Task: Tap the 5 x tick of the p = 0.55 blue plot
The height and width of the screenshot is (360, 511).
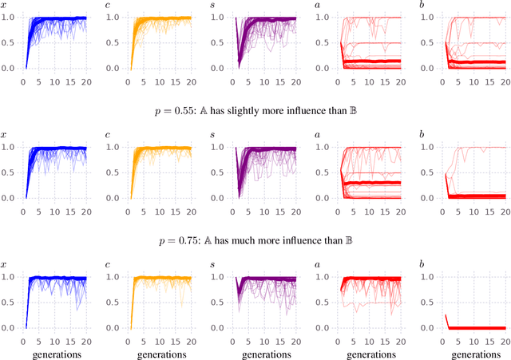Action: tap(39, 209)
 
